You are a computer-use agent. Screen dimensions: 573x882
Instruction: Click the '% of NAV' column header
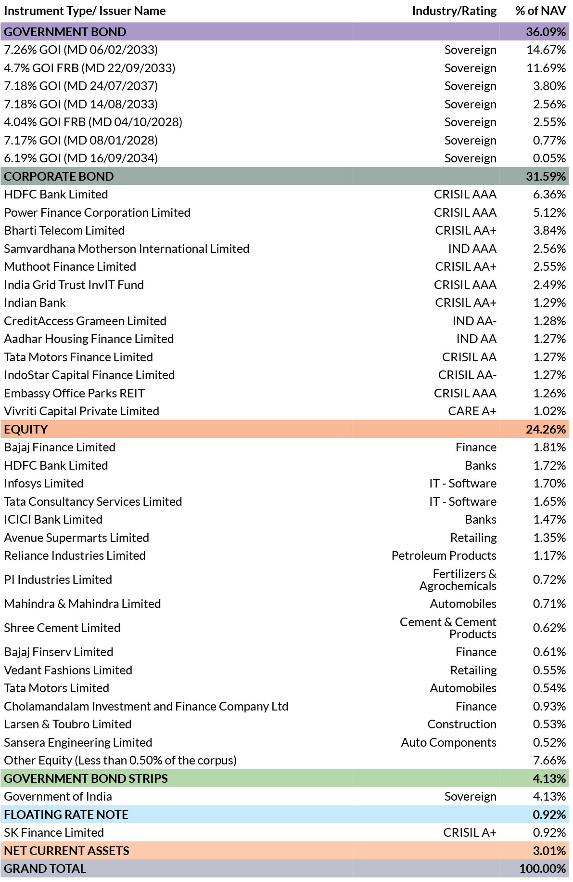coord(540,11)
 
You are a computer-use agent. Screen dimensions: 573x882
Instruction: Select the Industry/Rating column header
coord(454,11)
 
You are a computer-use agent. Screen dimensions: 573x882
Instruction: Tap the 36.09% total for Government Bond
coord(546,32)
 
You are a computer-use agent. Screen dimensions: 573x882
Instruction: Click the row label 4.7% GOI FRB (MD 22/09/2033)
coord(89,68)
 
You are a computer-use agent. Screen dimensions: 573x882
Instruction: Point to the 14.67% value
coord(546,50)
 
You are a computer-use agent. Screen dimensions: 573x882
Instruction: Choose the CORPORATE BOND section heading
coord(59,176)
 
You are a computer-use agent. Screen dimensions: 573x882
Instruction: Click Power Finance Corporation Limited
coord(97,212)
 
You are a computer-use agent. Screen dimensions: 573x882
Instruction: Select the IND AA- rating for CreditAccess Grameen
coord(474,321)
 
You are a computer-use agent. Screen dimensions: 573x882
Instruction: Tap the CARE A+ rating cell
coord(472,411)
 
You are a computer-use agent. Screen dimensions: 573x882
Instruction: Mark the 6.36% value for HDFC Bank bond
coord(549,194)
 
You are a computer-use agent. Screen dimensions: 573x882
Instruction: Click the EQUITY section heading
coord(26,429)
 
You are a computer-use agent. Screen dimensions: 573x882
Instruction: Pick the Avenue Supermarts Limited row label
coord(76,538)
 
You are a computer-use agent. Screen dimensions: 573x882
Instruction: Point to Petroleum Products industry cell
coord(444,555)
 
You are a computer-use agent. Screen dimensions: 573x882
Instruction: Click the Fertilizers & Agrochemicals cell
coord(458,579)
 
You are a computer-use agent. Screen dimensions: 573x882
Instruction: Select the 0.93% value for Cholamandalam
coord(549,706)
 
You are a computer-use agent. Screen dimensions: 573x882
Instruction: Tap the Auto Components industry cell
coord(449,742)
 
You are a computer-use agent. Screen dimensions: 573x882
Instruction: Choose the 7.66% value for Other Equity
coord(549,760)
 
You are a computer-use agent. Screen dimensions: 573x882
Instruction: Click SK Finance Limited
coord(54,832)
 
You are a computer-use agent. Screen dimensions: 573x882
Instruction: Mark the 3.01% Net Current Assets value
coord(549,851)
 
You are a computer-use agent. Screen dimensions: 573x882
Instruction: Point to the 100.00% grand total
coord(542,869)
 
